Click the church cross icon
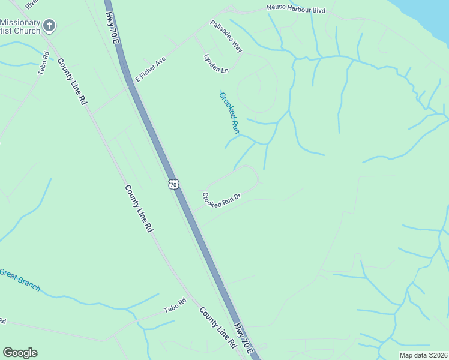point(50,26)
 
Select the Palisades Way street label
point(226,36)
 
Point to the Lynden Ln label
point(217,62)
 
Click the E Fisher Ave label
point(150,69)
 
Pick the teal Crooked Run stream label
point(229,112)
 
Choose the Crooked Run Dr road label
point(221,200)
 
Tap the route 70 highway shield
point(173,185)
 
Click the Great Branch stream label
point(20,280)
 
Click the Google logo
point(20,353)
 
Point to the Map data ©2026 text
point(423,355)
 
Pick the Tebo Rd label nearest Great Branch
point(176,309)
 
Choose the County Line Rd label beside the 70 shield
point(139,208)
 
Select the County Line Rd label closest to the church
point(72,82)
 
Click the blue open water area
point(429,15)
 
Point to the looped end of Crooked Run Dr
point(251,175)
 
